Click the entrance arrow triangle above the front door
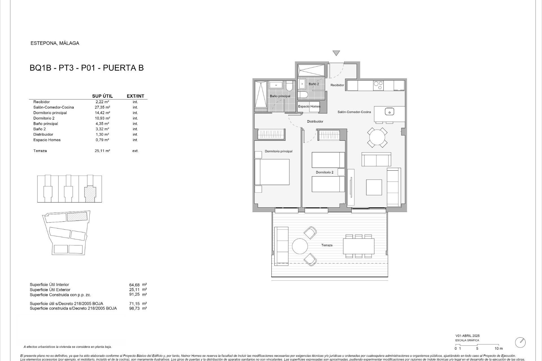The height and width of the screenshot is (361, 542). point(336,53)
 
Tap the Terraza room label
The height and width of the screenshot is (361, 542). point(327,245)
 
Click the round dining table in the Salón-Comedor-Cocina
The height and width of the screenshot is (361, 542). point(377,138)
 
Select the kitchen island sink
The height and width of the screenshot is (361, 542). point(389,112)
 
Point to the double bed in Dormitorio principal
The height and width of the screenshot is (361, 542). point(272,172)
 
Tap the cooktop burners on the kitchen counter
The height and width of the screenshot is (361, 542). point(378,85)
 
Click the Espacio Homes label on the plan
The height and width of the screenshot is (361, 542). point(309,106)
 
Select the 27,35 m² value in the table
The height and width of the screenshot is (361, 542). point(102,107)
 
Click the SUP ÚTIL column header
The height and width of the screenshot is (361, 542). point(102,96)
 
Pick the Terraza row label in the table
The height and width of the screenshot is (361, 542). point(40,151)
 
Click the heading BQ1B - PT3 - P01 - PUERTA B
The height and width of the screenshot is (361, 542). point(87,68)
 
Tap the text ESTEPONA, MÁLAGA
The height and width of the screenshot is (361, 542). point(55,43)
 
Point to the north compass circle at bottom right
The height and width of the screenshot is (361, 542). point(520,342)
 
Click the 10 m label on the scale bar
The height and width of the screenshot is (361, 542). point(499,349)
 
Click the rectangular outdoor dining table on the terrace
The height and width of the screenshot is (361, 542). point(359,246)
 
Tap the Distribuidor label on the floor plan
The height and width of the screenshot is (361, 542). point(315,122)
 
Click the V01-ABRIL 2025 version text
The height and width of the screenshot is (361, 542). point(467,336)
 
